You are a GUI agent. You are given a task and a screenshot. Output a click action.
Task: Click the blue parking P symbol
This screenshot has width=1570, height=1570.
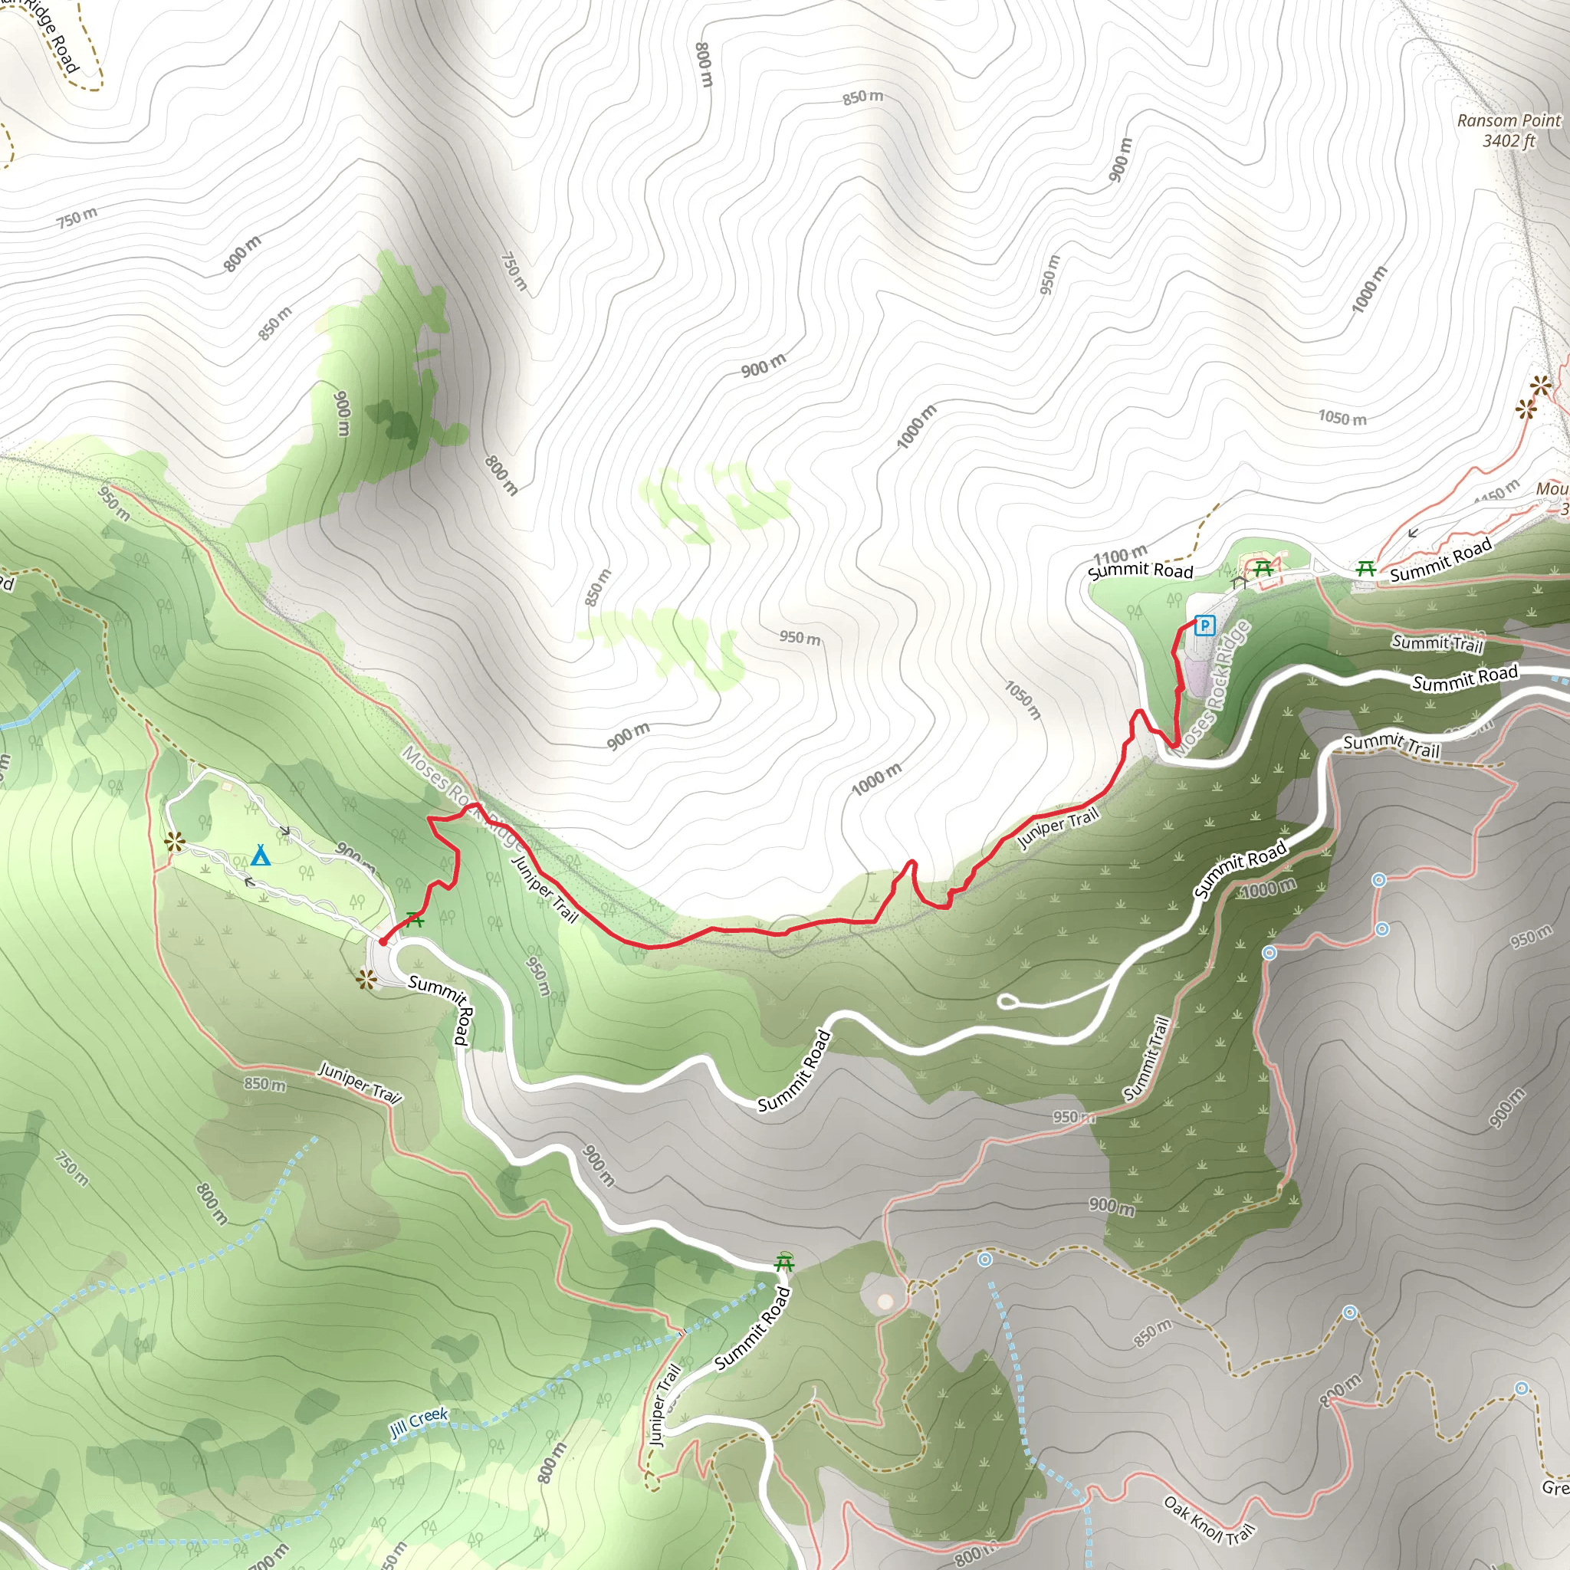pyautogui.click(x=1204, y=626)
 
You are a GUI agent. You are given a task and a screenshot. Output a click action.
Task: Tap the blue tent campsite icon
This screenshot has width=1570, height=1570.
pyautogui.click(x=260, y=856)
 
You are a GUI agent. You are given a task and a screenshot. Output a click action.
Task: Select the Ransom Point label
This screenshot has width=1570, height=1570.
pyautogui.click(x=1508, y=120)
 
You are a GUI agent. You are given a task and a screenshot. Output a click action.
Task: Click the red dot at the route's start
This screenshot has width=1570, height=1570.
pyautogui.click(x=383, y=942)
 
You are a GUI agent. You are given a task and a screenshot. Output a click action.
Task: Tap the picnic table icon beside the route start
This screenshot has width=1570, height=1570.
pyautogui.click(x=415, y=920)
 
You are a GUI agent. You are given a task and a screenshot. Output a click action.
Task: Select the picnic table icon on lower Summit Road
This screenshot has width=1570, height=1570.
pyautogui.click(x=784, y=1263)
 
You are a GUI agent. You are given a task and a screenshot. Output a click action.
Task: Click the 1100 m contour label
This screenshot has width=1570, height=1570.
pyautogui.click(x=1120, y=556)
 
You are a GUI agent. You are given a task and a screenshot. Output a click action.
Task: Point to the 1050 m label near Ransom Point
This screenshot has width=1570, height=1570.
pyautogui.click(x=1342, y=418)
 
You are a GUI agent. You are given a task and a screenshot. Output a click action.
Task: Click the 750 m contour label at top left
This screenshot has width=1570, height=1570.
pyautogui.click(x=77, y=218)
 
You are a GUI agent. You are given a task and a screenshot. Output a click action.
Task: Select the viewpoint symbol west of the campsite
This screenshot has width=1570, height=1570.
pyautogui.click(x=174, y=842)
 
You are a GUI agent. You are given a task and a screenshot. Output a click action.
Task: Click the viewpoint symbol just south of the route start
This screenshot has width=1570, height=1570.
pyautogui.click(x=366, y=979)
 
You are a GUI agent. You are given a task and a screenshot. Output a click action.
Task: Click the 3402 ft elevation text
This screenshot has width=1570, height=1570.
pyautogui.click(x=1509, y=140)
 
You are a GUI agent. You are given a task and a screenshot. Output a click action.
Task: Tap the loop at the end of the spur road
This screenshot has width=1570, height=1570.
pyautogui.click(x=1007, y=1001)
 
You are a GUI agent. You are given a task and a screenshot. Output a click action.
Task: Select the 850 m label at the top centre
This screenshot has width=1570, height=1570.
pyautogui.click(x=862, y=97)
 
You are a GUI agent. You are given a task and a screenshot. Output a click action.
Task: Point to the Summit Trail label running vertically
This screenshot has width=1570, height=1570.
pyautogui.click(x=1146, y=1059)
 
